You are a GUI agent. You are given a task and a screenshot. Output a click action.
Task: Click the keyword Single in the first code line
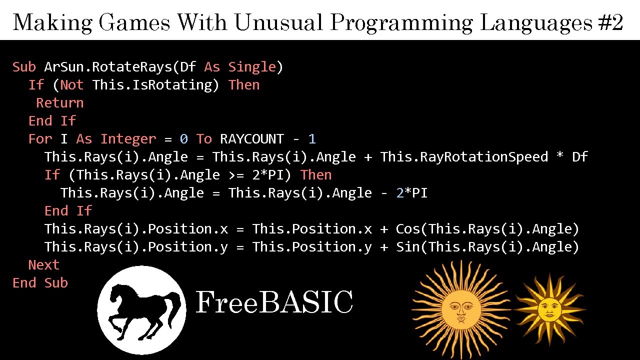[x=252, y=67]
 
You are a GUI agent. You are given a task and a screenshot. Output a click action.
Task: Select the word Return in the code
[x=60, y=103]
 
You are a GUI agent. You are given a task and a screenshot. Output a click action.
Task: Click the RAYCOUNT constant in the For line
[x=252, y=139]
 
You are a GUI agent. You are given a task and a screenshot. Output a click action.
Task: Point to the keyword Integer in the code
[x=128, y=139]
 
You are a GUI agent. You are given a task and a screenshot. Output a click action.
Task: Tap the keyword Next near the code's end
[x=44, y=265]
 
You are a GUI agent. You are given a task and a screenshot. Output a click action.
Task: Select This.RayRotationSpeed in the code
[x=464, y=157]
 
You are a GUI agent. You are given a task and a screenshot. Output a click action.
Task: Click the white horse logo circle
[x=141, y=310]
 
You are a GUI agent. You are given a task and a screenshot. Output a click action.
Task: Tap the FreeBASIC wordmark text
[x=274, y=302]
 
